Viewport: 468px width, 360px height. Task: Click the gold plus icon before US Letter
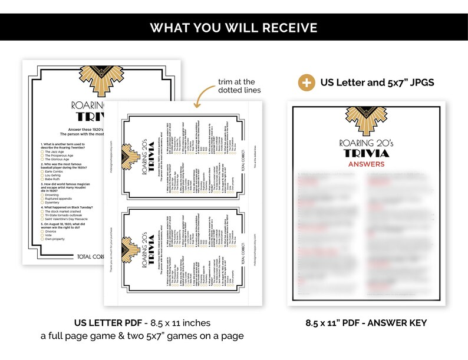(x=306, y=82)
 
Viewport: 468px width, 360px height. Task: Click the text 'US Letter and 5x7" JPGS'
(x=377, y=82)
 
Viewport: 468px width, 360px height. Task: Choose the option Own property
(x=59, y=239)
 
